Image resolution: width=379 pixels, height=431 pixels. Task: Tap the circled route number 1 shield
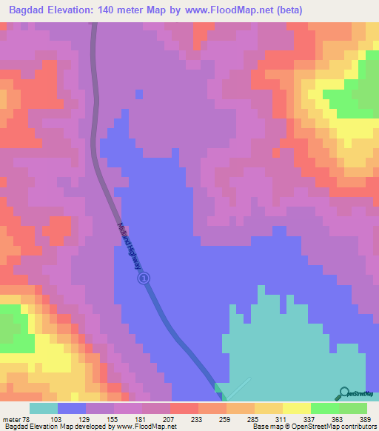point(144,278)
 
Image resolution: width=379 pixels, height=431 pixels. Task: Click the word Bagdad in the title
point(30,9)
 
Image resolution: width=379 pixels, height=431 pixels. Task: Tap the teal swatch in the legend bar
point(44,408)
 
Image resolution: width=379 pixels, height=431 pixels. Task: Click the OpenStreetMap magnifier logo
point(344,393)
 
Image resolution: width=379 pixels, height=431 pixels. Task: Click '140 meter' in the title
point(123,9)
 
